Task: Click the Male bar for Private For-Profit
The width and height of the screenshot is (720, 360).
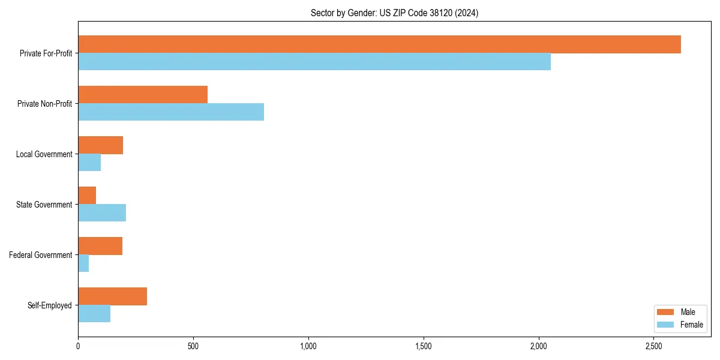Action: click(379, 44)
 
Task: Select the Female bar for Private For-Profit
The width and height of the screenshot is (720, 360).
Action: click(314, 62)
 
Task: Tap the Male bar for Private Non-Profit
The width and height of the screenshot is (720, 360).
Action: click(143, 95)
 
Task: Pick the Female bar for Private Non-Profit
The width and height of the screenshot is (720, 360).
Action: click(171, 112)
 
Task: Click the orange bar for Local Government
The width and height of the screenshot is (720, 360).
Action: click(100, 145)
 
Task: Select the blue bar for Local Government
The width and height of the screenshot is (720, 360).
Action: click(89, 163)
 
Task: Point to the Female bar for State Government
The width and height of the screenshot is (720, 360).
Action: click(102, 213)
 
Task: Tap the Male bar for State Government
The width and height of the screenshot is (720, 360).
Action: click(87, 196)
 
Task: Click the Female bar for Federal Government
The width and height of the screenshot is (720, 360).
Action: click(83, 263)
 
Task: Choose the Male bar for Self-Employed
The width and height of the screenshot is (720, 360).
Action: click(112, 296)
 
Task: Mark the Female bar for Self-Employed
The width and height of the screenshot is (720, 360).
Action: click(94, 314)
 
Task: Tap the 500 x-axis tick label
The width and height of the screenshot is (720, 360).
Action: click(193, 346)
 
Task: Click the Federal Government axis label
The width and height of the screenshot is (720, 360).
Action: click(41, 255)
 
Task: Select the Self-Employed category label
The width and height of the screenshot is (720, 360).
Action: click(50, 305)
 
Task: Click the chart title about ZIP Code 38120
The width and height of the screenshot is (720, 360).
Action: click(394, 13)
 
